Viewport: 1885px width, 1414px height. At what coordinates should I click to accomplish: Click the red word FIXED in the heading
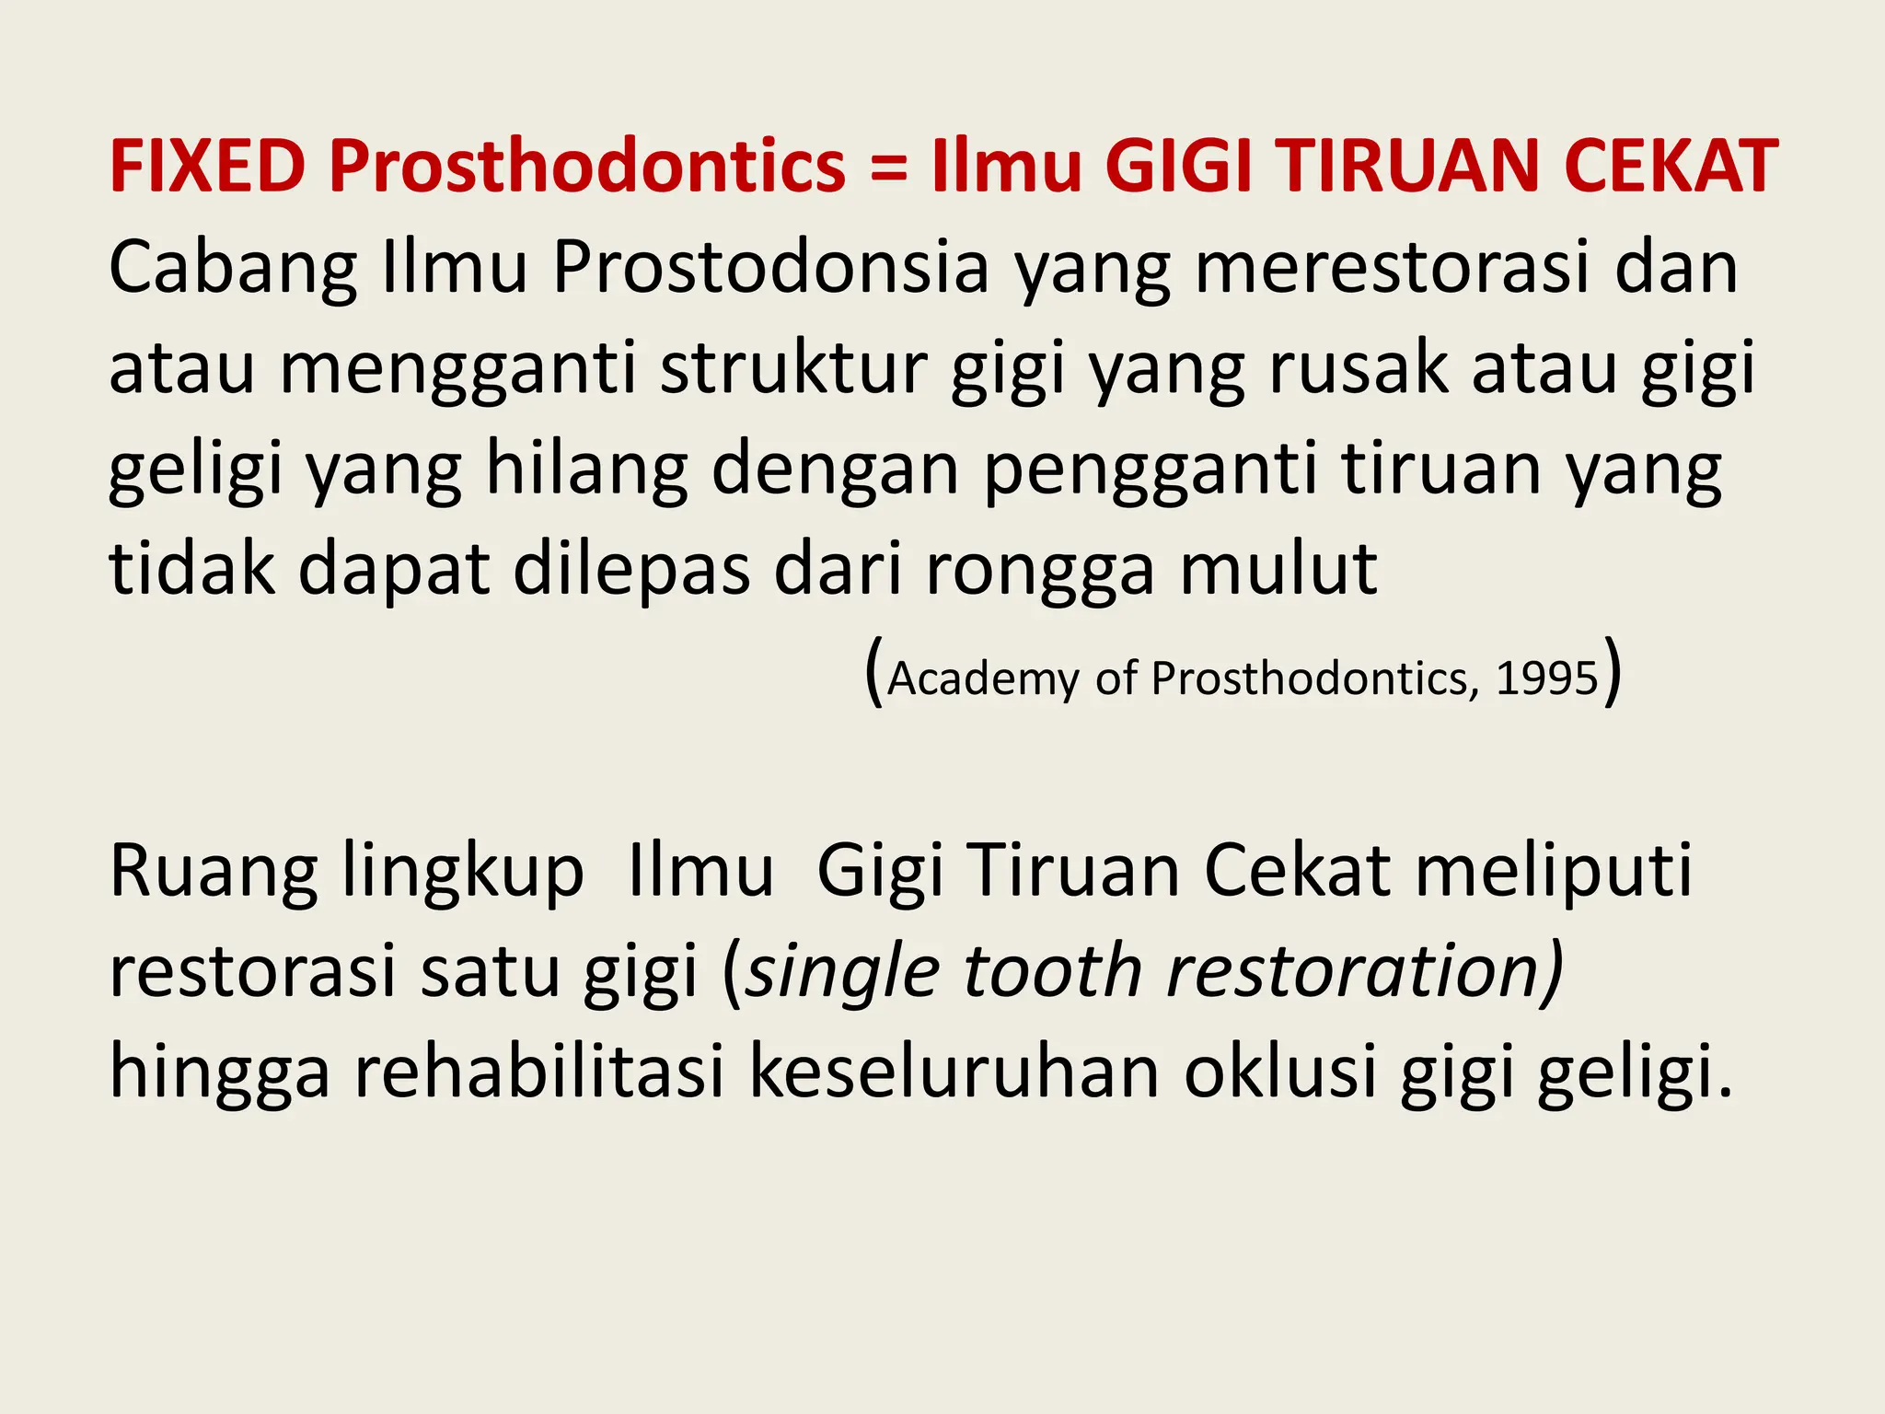(x=207, y=167)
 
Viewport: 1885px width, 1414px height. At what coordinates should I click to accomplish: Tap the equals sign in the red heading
(x=887, y=168)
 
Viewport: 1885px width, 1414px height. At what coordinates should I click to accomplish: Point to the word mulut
(x=1278, y=569)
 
